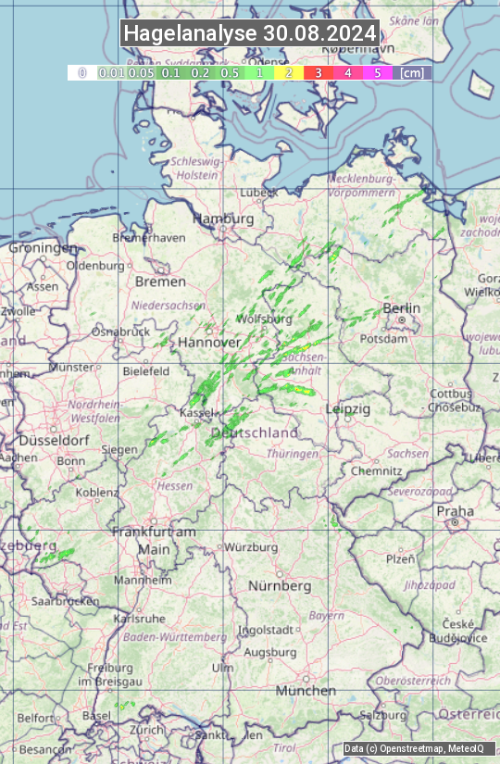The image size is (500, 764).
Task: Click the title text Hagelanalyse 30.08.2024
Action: [x=250, y=33]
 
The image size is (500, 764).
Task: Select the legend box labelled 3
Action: [x=319, y=72]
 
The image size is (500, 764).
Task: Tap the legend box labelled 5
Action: [x=378, y=72]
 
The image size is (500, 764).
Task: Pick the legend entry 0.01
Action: [x=111, y=72]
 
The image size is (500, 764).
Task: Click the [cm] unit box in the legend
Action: [x=412, y=72]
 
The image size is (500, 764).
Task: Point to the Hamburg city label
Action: [x=223, y=219]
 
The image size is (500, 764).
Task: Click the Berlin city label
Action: [x=402, y=308]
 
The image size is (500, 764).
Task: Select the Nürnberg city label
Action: [x=280, y=586]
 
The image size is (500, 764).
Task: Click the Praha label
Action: [x=455, y=511]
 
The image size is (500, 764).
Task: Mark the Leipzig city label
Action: [x=348, y=408]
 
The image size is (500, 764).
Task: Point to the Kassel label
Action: [x=197, y=411]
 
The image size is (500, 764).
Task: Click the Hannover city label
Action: [x=209, y=342]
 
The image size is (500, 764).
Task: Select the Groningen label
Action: [x=43, y=248]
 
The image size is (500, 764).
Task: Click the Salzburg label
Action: [x=383, y=715]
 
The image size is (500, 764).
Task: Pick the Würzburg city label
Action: [x=251, y=547]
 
